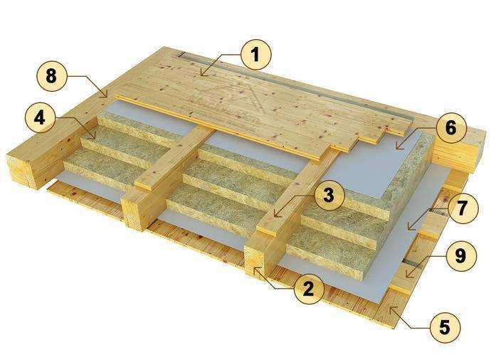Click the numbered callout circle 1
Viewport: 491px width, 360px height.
click(256, 55)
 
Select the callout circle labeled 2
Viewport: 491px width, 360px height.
click(308, 288)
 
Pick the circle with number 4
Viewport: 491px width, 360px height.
click(39, 119)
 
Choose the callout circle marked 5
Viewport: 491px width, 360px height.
click(445, 327)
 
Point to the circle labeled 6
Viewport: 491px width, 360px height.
click(450, 128)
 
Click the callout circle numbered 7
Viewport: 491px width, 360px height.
click(463, 208)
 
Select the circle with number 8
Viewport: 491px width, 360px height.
click(52, 76)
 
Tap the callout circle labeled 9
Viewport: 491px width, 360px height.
click(460, 255)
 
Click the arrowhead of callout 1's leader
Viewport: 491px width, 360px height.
click(201, 75)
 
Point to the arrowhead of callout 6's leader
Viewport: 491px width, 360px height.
click(396, 148)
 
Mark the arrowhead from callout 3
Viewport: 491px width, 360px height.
click(275, 216)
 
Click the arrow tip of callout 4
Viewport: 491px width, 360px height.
click(95, 139)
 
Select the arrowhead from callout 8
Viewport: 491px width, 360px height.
click(107, 97)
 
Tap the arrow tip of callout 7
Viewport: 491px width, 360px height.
click(408, 229)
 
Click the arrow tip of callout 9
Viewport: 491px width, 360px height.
click(406, 277)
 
